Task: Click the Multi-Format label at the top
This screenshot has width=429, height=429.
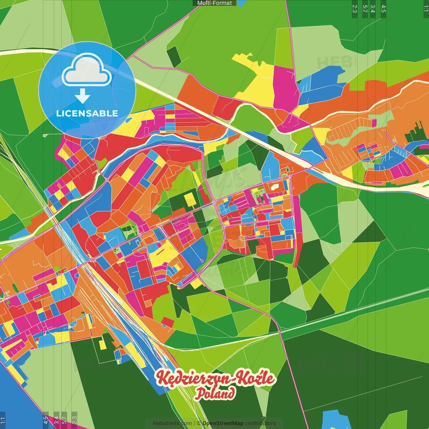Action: pos(214,3)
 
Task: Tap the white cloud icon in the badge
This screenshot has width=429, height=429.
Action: pos(86,70)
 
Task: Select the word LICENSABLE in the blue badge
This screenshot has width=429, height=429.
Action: pos(87,113)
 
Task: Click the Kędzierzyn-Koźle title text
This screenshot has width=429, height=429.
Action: pos(215,378)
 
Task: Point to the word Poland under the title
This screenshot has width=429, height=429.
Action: pos(215,393)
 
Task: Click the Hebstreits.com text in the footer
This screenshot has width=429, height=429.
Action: pos(172,423)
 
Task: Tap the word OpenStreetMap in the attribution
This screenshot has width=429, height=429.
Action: pos(223,423)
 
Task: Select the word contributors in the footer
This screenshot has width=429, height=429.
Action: pos(260,423)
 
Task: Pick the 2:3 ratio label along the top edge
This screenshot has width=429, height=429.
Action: pos(355,9)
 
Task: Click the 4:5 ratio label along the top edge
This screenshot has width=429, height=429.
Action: pos(383,9)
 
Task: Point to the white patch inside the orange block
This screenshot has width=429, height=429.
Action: pos(275,186)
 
